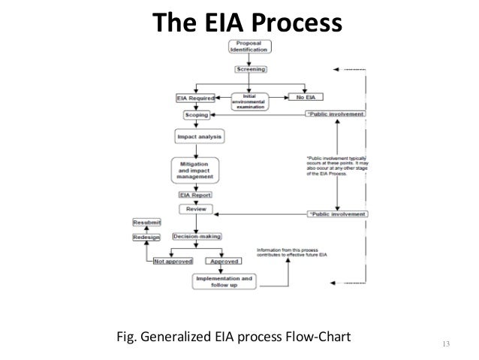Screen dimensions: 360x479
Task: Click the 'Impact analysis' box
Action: [x=200, y=138]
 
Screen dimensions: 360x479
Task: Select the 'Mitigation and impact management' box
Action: [x=200, y=168]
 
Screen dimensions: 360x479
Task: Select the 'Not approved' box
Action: [x=173, y=262]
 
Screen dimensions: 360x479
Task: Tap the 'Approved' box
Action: [x=224, y=262]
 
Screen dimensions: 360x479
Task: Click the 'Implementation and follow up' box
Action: [x=224, y=282]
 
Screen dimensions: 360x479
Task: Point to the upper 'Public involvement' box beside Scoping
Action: [x=336, y=113]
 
